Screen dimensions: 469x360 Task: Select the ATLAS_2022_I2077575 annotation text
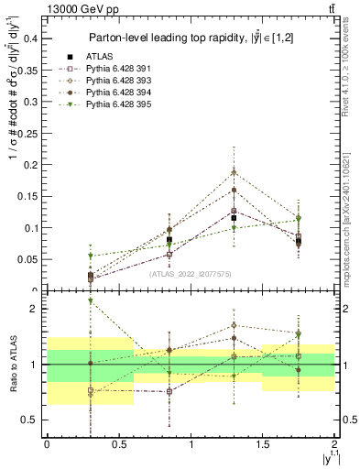click(190, 272)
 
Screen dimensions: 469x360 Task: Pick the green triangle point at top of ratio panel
click(90, 300)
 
